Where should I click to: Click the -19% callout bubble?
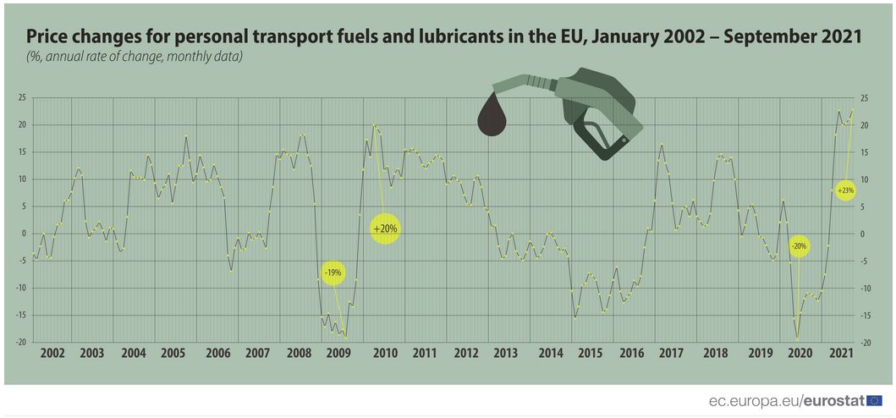click(333, 272)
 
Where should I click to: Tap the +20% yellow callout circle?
click(385, 228)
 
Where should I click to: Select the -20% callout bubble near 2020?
click(799, 246)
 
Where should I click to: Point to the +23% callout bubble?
click(845, 190)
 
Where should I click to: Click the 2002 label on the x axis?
click(52, 352)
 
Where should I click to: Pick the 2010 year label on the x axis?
click(385, 352)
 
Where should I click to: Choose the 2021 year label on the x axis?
click(841, 352)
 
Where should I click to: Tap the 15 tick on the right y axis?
click(866, 152)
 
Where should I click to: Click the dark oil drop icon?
click(494, 114)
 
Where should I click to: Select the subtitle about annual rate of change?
click(134, 57)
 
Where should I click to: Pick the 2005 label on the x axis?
click(173, 352)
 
